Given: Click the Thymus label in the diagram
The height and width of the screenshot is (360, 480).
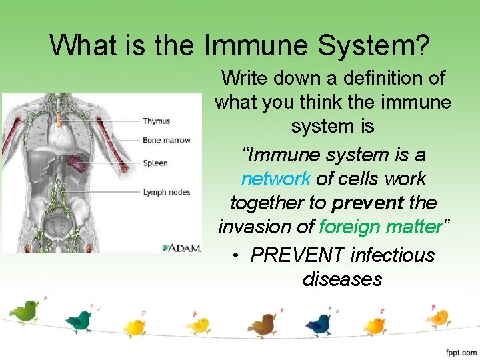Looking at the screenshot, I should pos(156,121).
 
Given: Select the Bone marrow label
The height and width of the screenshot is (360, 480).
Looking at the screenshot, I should pos(166,140).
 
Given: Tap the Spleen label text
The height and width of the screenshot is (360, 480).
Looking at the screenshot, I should pos(155,163).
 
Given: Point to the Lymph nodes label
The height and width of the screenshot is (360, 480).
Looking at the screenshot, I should pos(166,193).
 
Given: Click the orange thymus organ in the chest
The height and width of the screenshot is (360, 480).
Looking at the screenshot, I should pos(59,120).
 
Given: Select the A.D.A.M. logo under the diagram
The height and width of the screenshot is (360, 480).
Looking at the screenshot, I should pos(182,248).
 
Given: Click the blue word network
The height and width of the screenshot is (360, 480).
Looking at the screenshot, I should pos(275,179).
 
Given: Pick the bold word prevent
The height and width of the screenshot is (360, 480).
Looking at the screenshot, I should pos(362,203).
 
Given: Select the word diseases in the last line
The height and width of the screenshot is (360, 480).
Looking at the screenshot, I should pos(342,279).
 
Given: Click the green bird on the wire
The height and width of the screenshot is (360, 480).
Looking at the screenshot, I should pos(25,311).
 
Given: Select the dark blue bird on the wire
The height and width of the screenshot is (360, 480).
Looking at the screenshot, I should pos(318,325).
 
